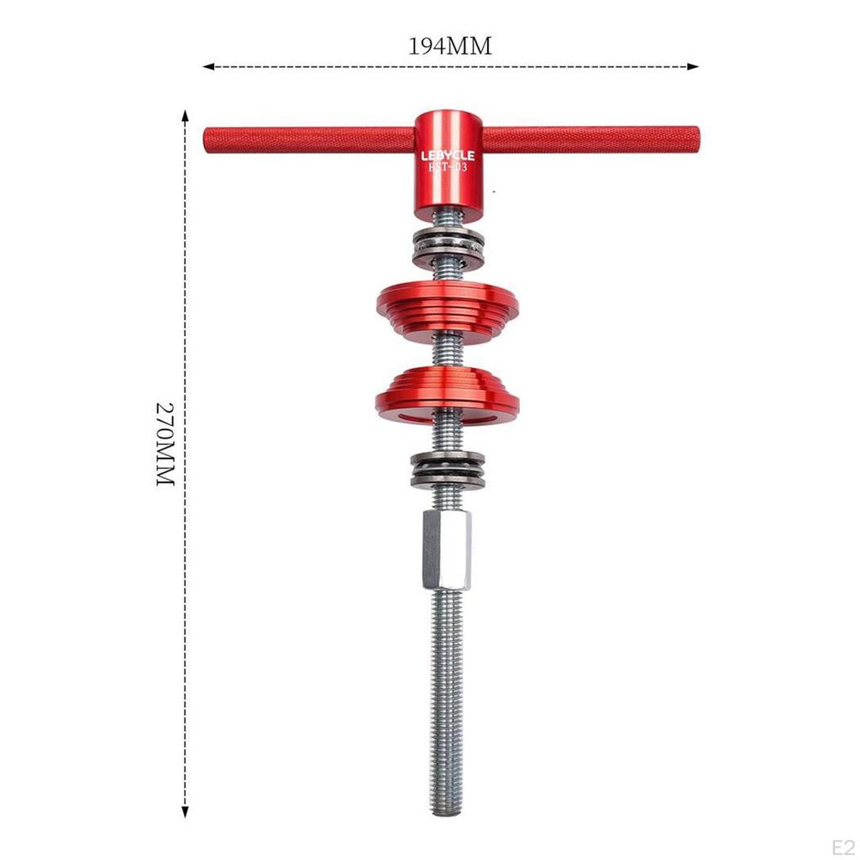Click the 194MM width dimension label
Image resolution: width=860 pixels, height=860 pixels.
pos(449,46)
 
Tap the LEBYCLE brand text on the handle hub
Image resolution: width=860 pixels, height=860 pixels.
pos(447,155)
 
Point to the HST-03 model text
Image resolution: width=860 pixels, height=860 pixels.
pos(447,168)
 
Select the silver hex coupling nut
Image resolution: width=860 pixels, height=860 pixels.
pos(446,550)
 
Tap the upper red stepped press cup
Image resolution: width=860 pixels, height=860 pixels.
pos(447,310)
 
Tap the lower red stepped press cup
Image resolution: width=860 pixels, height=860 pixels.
pos(447,395)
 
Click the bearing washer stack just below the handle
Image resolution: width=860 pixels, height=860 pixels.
pos(447,244)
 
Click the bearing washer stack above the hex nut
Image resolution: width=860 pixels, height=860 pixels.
pos(447,470)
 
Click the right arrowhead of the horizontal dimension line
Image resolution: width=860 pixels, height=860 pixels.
pos(695,66)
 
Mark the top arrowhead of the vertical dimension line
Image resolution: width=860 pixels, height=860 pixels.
pos(185,112)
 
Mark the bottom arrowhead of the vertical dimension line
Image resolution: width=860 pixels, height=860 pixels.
pos(185,813)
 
